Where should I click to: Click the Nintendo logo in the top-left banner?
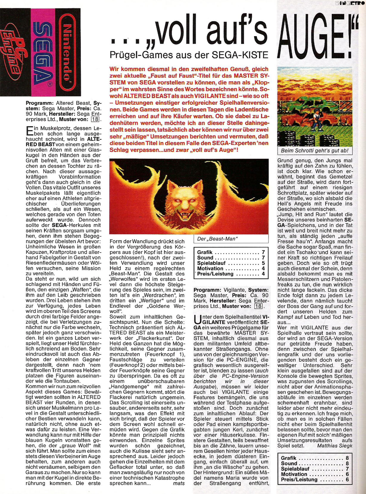coord(68,52)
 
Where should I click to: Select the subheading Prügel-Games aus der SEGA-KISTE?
coord(189,55)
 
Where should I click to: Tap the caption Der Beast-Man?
coord(217,239)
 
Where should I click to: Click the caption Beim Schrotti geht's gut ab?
coord(315,151)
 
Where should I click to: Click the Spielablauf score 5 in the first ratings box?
coord(263,263)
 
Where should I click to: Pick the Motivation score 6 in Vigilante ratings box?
coord(347,474)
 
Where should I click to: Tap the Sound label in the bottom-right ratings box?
coord(289,463)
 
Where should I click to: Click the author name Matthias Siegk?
coord(334,445)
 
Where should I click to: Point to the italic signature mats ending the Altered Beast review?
coord(179,483)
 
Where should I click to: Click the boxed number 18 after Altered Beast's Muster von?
coord(95,119)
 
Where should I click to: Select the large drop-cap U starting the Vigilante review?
coord(198,320)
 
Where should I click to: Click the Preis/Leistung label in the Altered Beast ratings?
coord(215,274)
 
